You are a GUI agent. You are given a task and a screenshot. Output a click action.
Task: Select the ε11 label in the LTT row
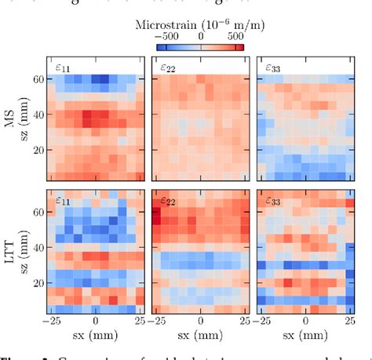click(x=62, y=201)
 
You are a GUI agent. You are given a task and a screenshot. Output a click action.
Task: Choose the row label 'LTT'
click(x=10, y=251)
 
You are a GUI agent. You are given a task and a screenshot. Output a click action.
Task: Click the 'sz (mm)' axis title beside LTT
click(x=25, y=251)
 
